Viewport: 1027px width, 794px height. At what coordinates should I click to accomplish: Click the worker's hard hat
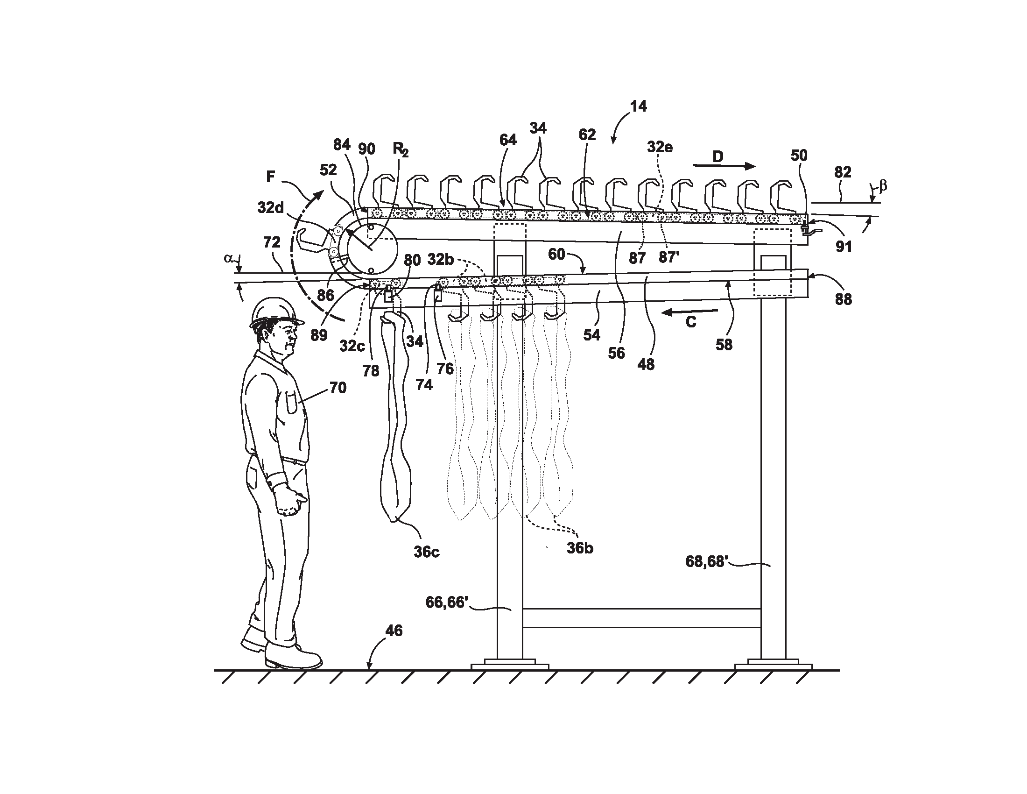coord(275,312)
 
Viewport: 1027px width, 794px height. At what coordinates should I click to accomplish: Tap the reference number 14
coord(638,106)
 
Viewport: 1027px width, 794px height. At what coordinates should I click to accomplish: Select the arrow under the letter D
coord(724,166)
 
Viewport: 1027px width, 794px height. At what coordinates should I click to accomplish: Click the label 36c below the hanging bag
coord(426,552)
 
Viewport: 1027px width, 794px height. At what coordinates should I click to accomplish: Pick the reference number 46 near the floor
coord(394,631)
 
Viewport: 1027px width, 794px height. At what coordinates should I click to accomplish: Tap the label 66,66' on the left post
coord(446,602)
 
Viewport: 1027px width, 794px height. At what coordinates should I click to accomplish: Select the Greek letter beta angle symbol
coord(883,186)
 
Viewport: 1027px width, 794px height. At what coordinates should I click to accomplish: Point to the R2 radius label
coord(401,149)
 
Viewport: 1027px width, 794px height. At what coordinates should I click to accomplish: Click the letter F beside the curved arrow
coord(270,177)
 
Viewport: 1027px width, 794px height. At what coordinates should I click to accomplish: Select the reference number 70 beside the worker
coord(338,388)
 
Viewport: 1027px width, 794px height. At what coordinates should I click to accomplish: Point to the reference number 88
coord(843,299)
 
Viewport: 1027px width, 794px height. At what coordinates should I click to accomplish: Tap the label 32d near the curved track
coord(270,207)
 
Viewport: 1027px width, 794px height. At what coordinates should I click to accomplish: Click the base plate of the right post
coord(773,666)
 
